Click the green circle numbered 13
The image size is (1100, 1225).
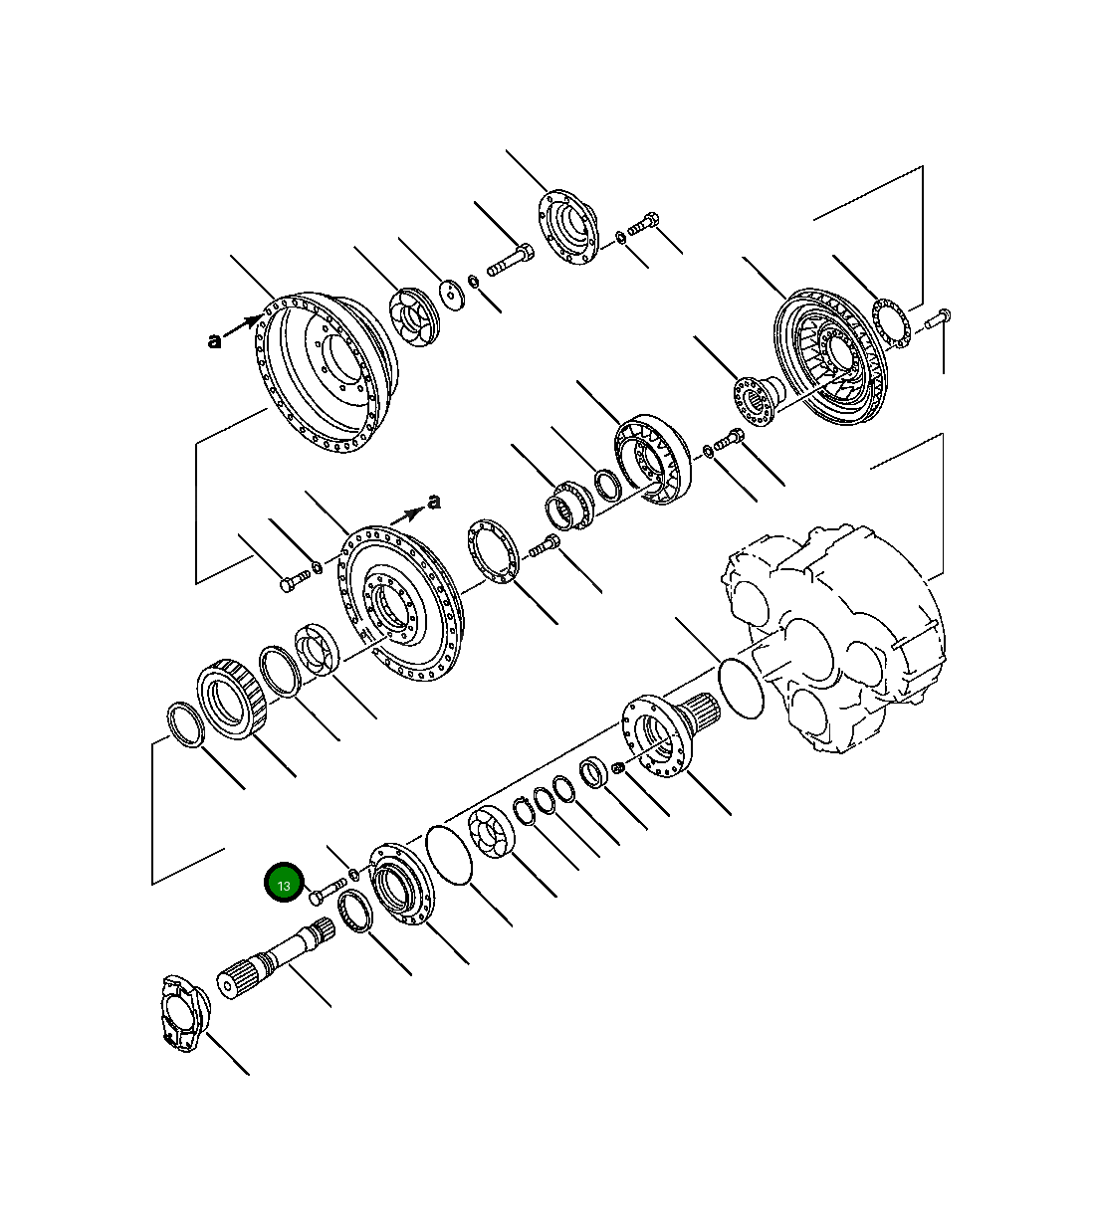point(284,884)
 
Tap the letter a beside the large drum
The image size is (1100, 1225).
point(214,341)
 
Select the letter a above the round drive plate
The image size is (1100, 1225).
point(433,502)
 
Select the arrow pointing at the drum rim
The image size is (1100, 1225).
point(245,325)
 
